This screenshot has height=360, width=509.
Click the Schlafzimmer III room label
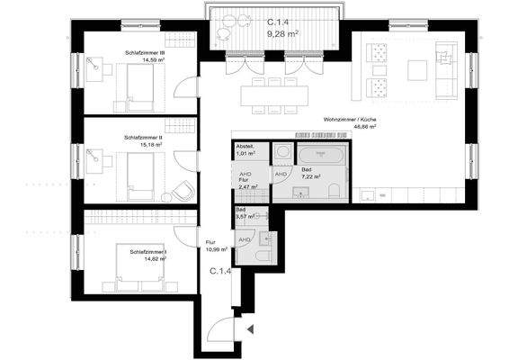tap(144, 54)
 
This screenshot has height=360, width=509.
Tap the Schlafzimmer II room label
tap(142, 138)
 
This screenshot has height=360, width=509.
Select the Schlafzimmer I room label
tap(147, 252)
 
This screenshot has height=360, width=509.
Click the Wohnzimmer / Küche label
tap(351, 121)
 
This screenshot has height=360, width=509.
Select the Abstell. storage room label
tap(245, 146)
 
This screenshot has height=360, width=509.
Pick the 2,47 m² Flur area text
tap(249, 186)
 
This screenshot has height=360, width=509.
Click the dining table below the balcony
tap(272, 93)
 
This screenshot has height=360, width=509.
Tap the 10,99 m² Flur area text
tap(216, 247)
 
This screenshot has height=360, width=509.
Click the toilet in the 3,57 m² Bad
tap(260, 256)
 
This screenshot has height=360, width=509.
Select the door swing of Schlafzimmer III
tap(185, 86)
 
